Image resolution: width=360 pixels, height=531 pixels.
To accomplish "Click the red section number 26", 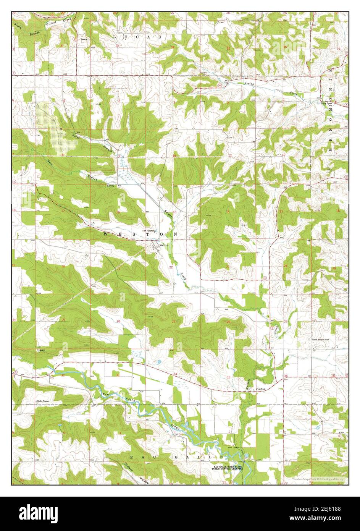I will point(228,322).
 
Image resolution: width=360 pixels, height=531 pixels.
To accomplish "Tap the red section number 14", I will point(228,211).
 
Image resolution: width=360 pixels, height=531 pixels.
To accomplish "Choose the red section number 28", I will point(118,321).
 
